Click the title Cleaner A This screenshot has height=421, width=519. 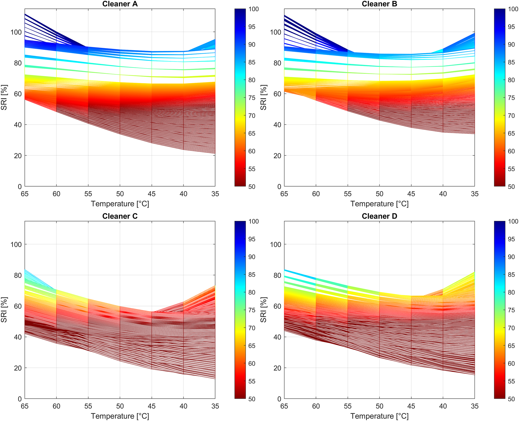(x=120, y=4)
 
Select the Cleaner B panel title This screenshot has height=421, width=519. (x=379, y=4)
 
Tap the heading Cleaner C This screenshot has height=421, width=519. (x=120, y=216)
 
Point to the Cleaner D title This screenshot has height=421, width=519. (x=379, y=216)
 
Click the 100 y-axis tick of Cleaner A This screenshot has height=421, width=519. (x=16, y=32)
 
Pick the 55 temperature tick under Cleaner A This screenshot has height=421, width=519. (x=88, y=194)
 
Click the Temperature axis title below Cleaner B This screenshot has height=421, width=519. (x=379, y=204)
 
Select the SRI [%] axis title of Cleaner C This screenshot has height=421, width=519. (x=4, y=310)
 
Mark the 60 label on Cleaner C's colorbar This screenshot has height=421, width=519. (x=252, y=364)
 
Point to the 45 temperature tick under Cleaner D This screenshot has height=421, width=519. (x=411, y=406)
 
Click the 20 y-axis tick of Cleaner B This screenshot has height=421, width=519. (x=277, y=156)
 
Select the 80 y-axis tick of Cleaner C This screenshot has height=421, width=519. (x=18, y=275)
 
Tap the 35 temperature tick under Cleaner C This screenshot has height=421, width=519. (x=215, y=406)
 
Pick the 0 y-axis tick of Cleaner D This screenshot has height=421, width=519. (x=279, y=399)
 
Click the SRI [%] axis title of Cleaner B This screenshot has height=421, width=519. (x=263, y=97)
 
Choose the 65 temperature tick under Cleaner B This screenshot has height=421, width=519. (x=284, y=194)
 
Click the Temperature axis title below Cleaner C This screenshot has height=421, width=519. (x=120, y=416)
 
